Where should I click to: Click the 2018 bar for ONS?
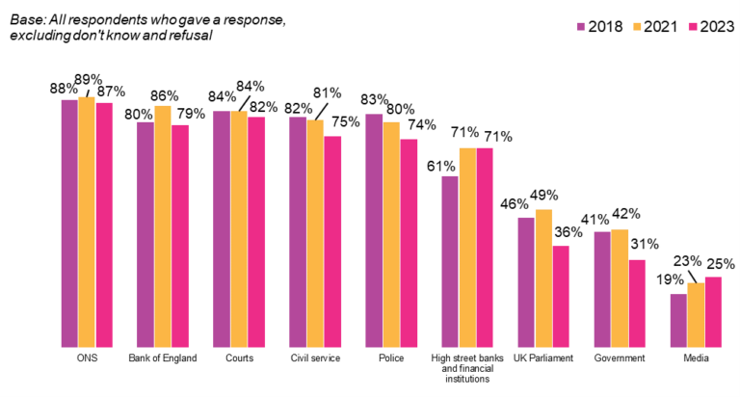tap(69, 223)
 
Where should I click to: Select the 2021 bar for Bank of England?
tap(162, 225)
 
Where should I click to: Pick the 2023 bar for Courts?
tap(255, 231)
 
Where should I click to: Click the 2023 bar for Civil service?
tap(331, 241)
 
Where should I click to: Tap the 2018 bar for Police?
tap(373, 230)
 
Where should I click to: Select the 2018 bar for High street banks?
tap(449, 261)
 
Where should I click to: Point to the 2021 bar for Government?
tap(619, 288)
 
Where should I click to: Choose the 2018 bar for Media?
tap(678, 320)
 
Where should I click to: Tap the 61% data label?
tap(442, 165)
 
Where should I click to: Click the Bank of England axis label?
tap(162, 359)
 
